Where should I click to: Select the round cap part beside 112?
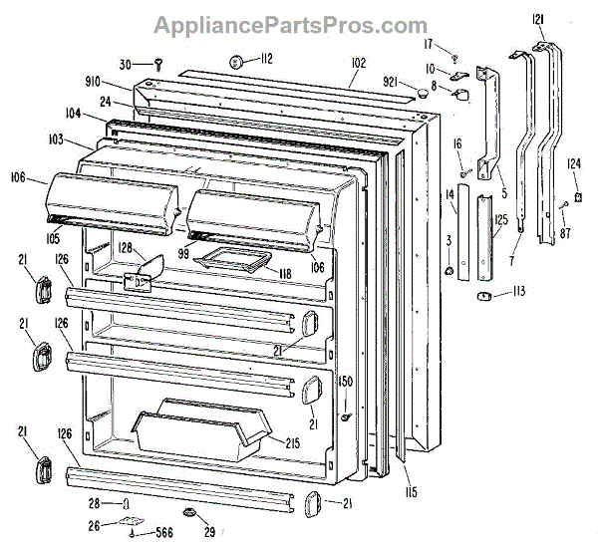239,62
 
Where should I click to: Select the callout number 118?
285,272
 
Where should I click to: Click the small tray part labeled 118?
235,261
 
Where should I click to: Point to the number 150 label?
346,383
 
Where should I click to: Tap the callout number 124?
574,165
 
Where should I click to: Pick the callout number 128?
126,249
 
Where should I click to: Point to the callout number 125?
501,219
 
